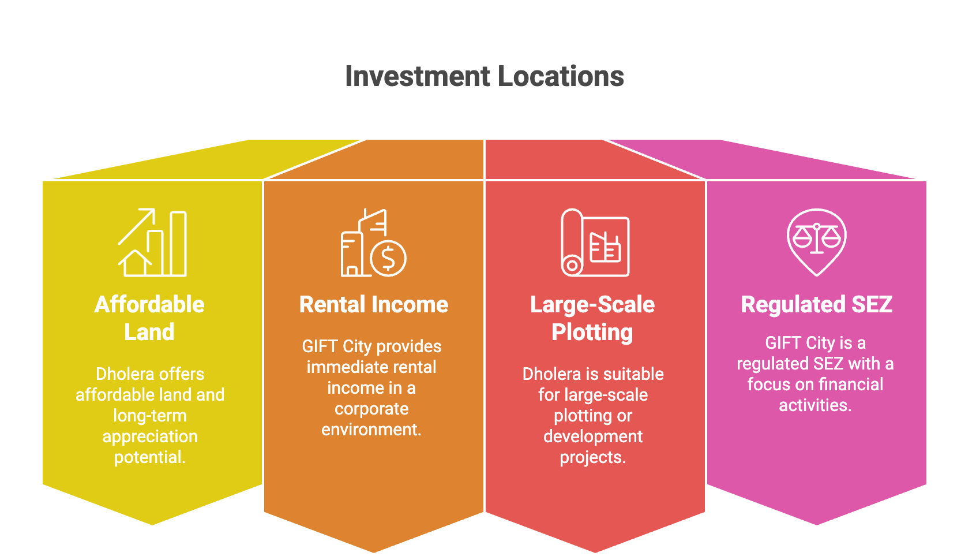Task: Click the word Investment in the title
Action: click(417, 76)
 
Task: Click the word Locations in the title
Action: click(561, 76)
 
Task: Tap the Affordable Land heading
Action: click(149, 318)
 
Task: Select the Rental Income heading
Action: click(374, 305)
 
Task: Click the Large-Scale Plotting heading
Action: click(592, 319)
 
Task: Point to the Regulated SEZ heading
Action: click(816, 305)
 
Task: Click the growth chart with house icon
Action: click(152, 242)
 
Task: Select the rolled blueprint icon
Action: click(595, 242)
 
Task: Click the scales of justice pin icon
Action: click(816, 242)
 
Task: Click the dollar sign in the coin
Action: click(388, 259)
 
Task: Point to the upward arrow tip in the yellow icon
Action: click(153, 210)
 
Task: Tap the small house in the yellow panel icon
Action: click(135, 263)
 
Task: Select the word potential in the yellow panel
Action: click(150, 458)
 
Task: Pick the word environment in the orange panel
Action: click(371, 430)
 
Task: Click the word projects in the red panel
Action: click(593, 458)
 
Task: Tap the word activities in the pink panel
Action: click(815, 405)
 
